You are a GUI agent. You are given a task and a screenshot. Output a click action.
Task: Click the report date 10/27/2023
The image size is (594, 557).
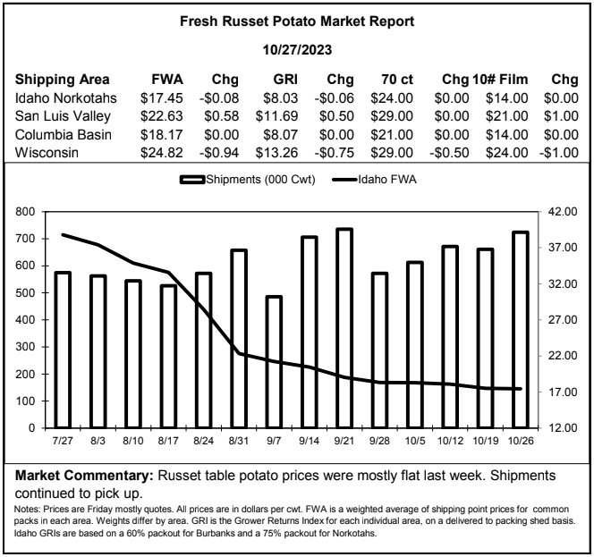(297, 49)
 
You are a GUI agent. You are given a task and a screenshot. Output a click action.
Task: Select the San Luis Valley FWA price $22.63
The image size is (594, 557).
(161, 116)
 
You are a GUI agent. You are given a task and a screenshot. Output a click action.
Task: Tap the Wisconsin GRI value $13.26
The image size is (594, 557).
(276, 153)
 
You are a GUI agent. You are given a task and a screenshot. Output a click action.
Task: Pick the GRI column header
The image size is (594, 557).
(285, 80)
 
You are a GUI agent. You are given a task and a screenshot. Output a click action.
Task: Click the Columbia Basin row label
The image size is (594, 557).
(64, 134)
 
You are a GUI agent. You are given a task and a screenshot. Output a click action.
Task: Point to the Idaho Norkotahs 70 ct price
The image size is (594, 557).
(392, 98)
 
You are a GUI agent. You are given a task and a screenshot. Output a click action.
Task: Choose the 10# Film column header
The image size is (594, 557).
(500, 80)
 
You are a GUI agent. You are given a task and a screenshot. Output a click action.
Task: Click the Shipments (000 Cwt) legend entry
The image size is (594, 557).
(248, 179)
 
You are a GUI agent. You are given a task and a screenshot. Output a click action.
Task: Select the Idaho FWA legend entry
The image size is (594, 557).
(374, 179)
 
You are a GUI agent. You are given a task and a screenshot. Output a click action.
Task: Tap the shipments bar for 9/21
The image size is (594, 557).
(344, 328)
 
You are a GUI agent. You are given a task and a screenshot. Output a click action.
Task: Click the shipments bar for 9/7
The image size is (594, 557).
(274, 362)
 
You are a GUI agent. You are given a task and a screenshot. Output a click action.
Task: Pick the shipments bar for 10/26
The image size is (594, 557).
(520, 330)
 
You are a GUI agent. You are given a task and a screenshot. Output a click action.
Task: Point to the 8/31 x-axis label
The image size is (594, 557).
(239, 441)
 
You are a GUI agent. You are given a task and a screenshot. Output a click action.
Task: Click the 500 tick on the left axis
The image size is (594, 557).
(25, 292)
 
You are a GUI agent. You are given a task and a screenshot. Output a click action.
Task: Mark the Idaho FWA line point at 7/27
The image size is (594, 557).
(63, 235)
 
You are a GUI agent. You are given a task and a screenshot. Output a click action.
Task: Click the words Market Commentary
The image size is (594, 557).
(84, 476)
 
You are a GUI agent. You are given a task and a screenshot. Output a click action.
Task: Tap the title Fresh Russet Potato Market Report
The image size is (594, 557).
(297, 21)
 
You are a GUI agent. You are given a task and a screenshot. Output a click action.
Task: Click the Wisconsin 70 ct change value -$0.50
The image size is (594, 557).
(449, 153)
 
